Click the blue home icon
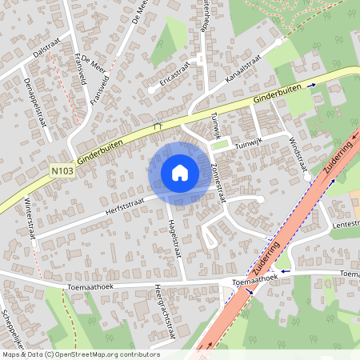point(179,172)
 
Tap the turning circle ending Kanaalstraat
point(278,42)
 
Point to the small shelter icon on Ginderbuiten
point(157,126)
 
